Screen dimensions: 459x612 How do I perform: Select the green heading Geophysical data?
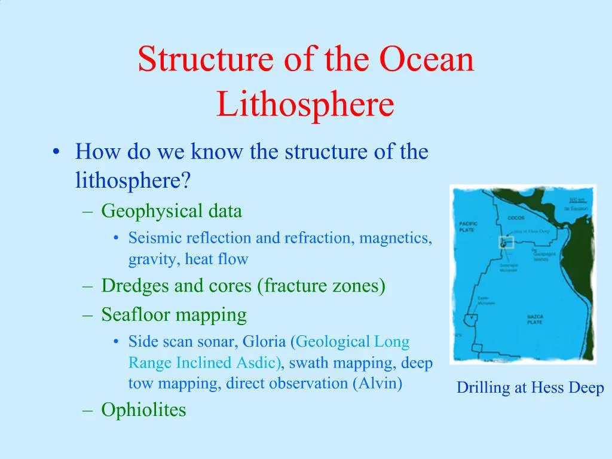172,211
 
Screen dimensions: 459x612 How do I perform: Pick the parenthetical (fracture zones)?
322,286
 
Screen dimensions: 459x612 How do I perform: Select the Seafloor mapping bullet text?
174,314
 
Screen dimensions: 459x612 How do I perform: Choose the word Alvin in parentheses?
377,383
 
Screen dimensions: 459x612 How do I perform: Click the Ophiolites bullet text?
143,410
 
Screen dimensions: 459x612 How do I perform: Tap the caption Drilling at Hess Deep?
530,388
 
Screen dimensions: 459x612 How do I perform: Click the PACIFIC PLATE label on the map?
468,227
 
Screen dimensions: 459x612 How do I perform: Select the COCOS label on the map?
516,218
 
